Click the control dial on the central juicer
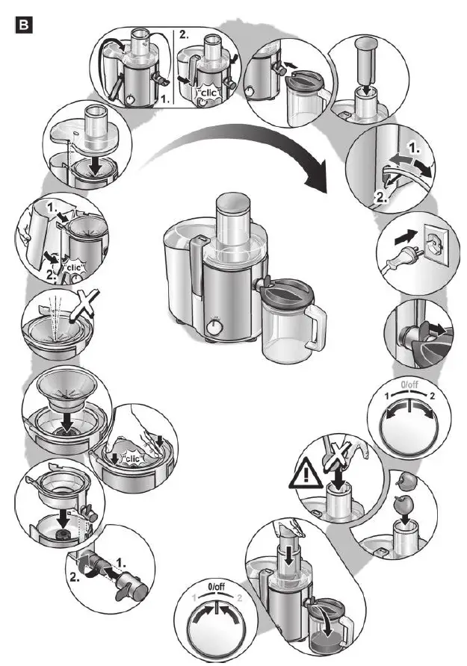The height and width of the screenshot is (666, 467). pos(215,326)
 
